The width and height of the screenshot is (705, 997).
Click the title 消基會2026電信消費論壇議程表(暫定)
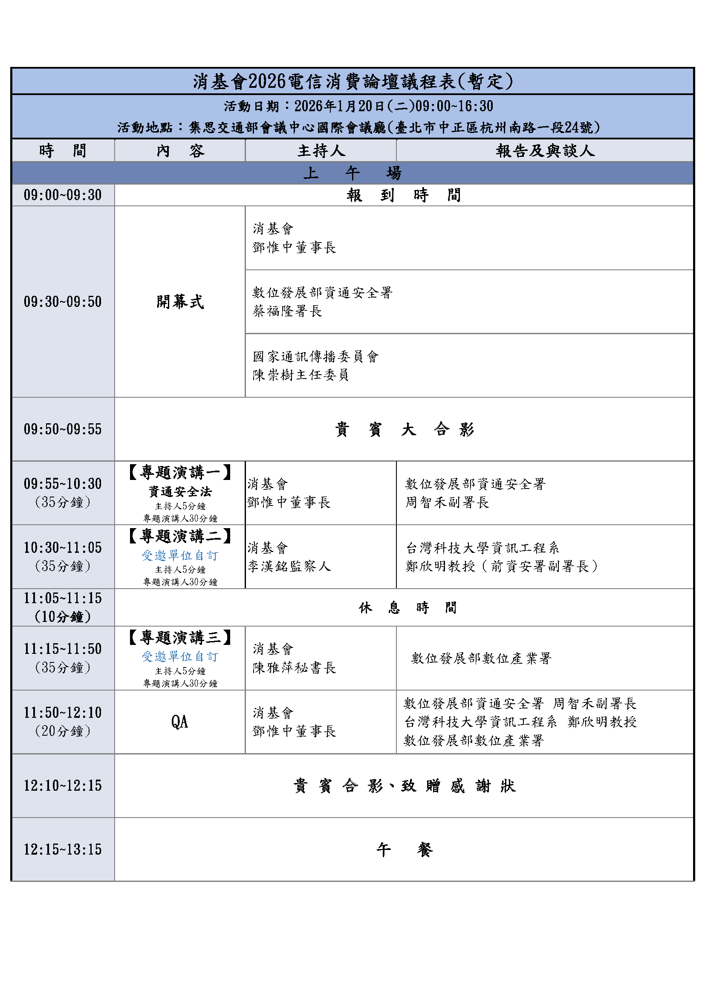point(352,82)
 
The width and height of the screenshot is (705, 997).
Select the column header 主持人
point(321,150)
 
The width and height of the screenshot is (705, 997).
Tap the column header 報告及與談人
point(545,150)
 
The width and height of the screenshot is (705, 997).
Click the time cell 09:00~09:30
point(63,195)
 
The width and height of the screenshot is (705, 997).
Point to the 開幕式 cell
point(180,302)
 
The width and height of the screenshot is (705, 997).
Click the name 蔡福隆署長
point(287,311)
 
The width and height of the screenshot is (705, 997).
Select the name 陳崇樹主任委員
point(300,375)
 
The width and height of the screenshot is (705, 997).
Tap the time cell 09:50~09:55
point(63,429)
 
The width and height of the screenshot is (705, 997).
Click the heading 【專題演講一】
point(180,472)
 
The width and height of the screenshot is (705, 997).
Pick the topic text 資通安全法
point(180,491)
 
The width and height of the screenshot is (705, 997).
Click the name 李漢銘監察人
point(289,566)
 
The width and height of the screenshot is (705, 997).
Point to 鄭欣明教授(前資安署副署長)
point(501,566)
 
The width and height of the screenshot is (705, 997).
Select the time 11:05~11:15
point(63,598)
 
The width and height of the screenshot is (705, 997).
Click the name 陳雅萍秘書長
point(295,668)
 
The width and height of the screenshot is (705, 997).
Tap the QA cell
point(180,722)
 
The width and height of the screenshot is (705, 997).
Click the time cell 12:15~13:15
point(63,850)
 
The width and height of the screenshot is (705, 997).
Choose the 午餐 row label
point(404,850)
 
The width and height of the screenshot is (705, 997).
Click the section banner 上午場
point(352,173)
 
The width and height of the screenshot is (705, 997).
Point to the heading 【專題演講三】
point(180,637)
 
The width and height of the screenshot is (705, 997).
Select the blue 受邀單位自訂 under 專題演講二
point(180,555)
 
